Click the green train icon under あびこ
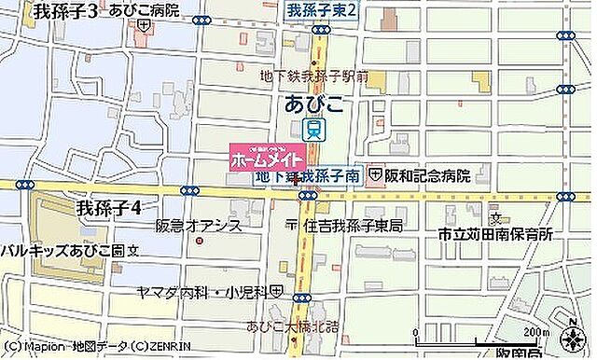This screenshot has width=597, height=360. (x=317, y=130)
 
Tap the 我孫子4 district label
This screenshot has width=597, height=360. (x=108, y=208)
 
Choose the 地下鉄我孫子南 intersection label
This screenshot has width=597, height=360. (x=307, y=175)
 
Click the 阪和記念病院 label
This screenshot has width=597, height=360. (x=424, y=174)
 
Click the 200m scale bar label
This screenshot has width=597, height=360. (x=535, y=332)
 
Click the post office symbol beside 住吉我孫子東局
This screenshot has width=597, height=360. (x=292, y=225)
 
